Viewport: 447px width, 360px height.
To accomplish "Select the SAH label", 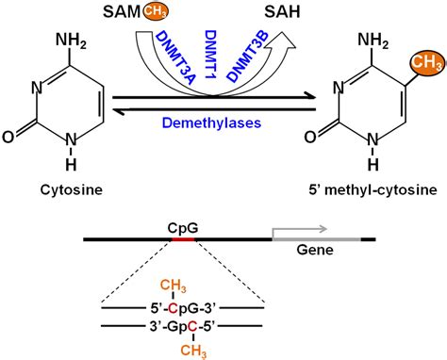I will tap(276, 13).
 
